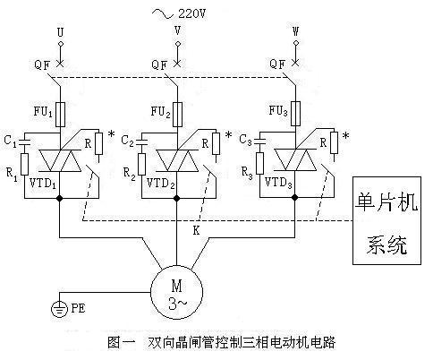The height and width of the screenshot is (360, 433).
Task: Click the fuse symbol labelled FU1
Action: tap(61, 115)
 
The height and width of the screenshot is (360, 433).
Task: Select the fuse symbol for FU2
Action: tap(178, 115)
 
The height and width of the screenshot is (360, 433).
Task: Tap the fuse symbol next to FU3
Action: tap(295, 114)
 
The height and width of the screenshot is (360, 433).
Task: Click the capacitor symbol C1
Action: tap(25, 142)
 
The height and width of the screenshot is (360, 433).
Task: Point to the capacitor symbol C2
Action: tap(142, 142)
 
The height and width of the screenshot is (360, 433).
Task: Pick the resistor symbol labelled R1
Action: tap(25, 165)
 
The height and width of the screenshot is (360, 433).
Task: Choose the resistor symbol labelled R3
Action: tap(260, 164)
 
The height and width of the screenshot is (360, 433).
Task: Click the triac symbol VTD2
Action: tap(178, 160)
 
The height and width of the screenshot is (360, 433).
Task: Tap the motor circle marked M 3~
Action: tap(177, 293)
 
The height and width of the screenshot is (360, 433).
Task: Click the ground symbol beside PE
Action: tap(59, 309)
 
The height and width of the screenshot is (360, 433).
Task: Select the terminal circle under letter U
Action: tap(61, 44)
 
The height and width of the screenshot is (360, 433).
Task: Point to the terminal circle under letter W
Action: tap(295, 43)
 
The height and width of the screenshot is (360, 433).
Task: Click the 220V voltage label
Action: tap(191, 13)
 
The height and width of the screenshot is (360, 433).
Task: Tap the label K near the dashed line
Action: tap(196, 230)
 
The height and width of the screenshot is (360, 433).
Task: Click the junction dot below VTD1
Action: tap(60, 198)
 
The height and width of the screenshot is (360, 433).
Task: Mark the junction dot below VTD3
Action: tap(295, 197)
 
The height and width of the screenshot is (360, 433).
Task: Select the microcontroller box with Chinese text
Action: tap(386, 220)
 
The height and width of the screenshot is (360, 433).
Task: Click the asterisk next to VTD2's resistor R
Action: tap(228, 134)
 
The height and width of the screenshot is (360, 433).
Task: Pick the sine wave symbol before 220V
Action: tap(163, 13)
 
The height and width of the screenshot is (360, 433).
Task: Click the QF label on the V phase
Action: tap(159, 64)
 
